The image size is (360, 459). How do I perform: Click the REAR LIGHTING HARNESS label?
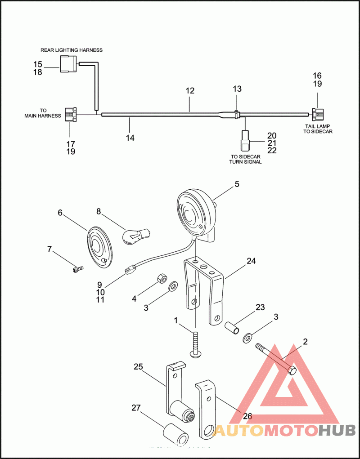72,50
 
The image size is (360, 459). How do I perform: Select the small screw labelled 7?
78,269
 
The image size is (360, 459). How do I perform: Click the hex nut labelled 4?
161,278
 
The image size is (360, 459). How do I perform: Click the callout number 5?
237,184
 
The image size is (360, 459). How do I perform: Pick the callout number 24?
251,261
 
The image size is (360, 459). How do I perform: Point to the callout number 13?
237,89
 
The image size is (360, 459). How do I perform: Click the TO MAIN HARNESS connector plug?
70,114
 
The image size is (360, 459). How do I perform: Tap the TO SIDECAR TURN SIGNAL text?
245,159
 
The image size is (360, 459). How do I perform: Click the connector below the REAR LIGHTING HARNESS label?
69,63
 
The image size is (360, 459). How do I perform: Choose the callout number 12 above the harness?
190,90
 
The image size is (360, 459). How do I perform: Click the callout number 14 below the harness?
130,138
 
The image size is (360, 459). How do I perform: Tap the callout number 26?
248,416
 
